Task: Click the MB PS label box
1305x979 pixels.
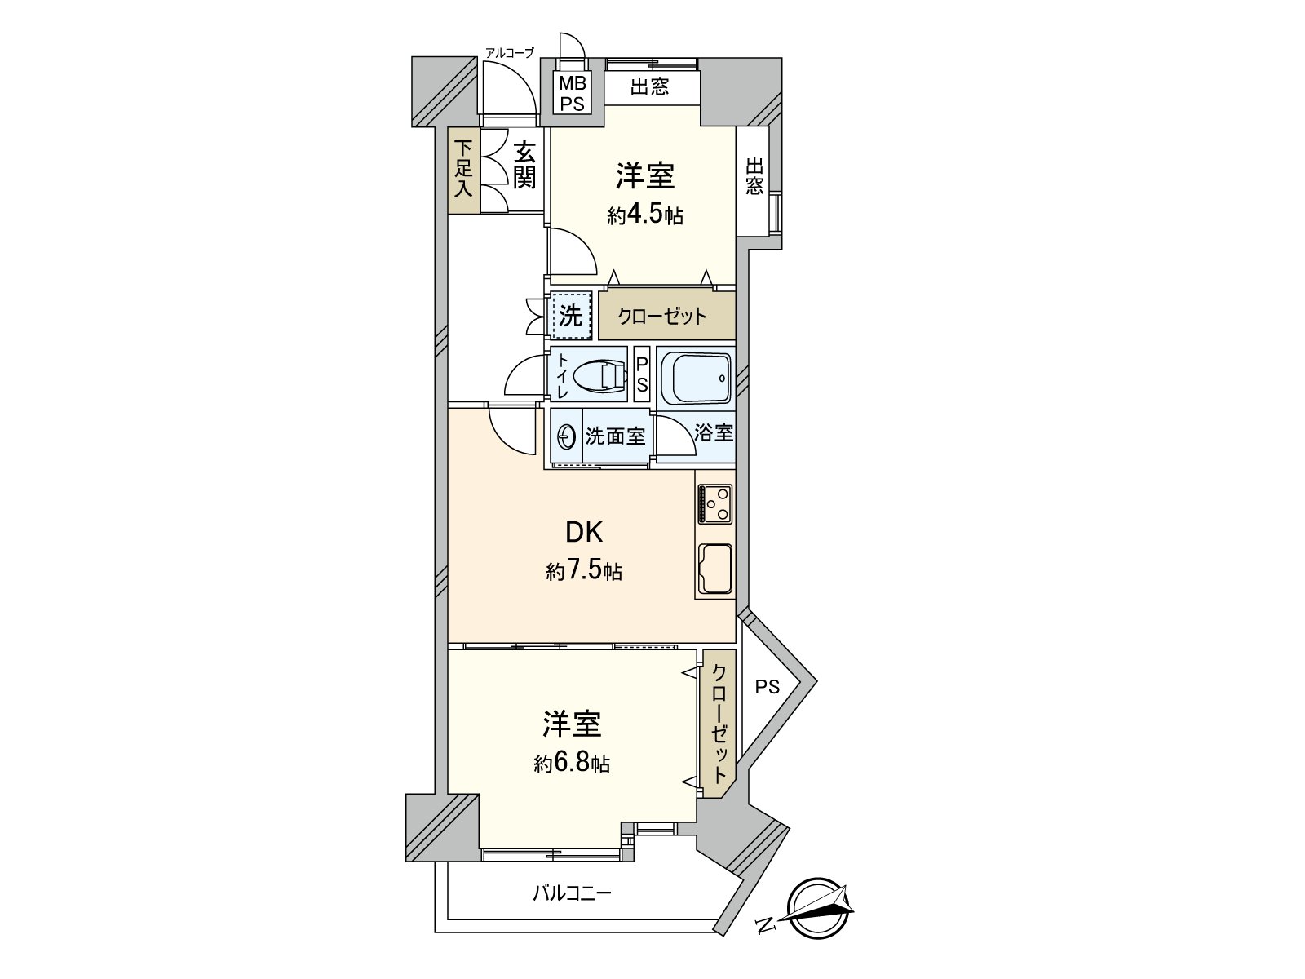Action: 572,93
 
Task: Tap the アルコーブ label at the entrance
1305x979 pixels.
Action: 509,53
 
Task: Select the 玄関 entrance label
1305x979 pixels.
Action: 524,166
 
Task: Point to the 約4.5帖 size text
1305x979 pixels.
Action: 644,216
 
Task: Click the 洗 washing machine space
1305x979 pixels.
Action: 570,315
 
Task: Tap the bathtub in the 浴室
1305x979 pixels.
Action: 696,377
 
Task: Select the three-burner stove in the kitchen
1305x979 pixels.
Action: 714,504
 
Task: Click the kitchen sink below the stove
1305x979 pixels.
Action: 714,568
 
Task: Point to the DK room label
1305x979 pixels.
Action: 584,533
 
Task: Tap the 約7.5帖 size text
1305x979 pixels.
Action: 584,571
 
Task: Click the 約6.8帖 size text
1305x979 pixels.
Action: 572,764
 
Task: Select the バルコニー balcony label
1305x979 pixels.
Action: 572,893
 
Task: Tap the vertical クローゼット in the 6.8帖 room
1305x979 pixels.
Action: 719,724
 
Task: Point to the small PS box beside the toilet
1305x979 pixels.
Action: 642,374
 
